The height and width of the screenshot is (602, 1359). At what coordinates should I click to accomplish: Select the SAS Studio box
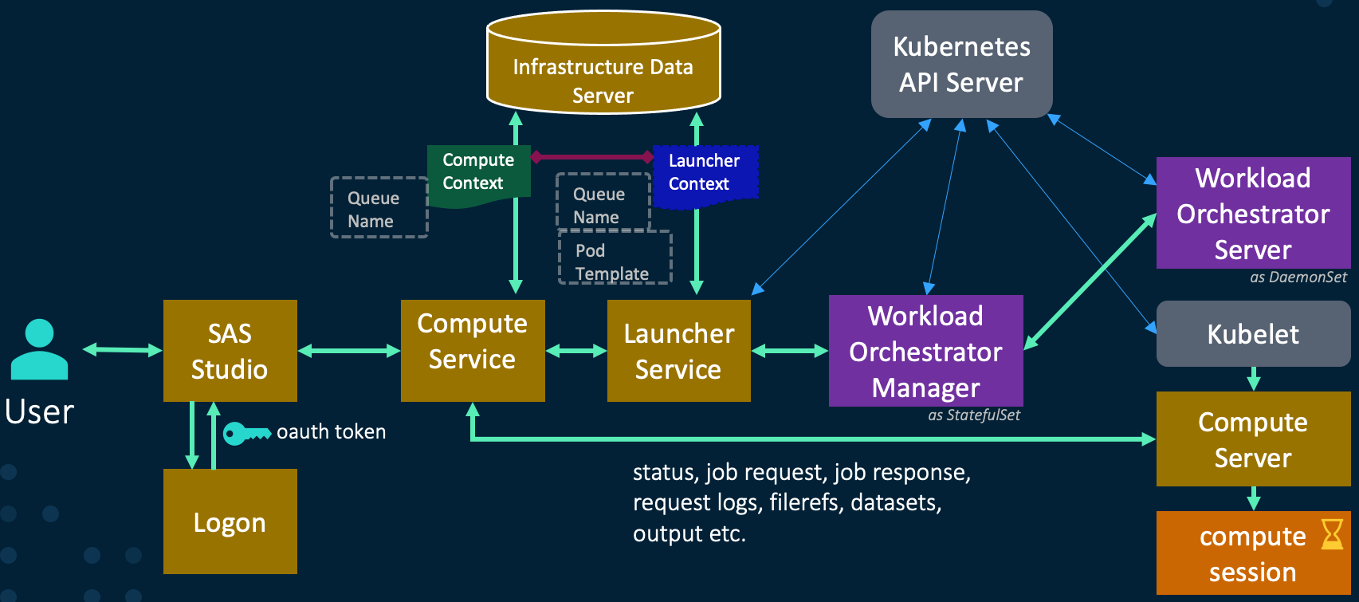tap(230, 351)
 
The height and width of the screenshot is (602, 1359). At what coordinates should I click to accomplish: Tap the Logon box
tap(230, 521)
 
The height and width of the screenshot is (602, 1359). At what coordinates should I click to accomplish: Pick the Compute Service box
tap(472, 350)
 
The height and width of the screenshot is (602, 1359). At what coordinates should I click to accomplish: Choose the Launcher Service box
tap(678, 351)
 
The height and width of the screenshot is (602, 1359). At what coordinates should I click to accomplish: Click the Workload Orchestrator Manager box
tap(925, 351)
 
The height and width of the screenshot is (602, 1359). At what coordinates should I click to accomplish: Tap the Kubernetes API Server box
tap(961, 65)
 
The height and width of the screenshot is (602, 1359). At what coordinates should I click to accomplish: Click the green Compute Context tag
tap(477, 172)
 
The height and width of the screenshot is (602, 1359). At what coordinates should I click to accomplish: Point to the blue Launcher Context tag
tap(704, 173)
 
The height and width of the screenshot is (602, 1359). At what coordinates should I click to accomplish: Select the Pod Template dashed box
tap(615, 259)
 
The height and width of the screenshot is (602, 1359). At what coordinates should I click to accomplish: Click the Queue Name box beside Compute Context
tap(379, 208)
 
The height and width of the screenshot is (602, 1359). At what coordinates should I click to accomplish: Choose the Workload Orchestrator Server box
tap(1253, 213)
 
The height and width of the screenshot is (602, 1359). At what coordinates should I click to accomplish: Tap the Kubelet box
tap(1253, 334)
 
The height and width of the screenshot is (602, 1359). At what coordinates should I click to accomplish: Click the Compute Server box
tap(1253, 439)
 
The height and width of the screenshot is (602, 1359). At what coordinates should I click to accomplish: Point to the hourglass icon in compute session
tap(1332, 534)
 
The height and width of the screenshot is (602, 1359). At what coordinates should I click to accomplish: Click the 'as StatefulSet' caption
tap(974, 415)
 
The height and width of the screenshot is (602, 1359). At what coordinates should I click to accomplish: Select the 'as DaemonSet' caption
tap(1298, 277)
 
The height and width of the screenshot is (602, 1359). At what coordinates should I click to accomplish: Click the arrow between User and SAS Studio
tap(123, 349)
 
